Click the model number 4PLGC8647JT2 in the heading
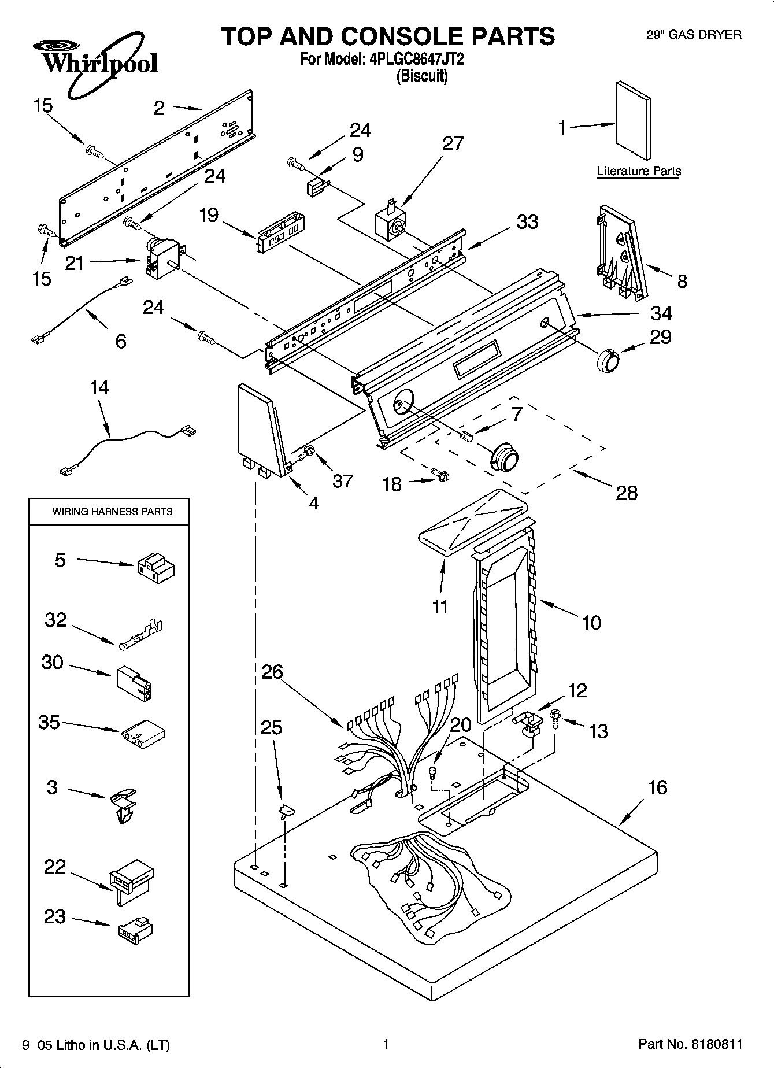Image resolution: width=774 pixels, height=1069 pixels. click(x=415, y=59)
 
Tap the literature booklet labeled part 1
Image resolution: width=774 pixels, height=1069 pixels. click(x=632, y=120)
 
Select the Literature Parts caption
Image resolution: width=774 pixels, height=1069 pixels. click(x=638, y=171)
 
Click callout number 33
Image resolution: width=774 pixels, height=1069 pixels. click(x=527, y=222)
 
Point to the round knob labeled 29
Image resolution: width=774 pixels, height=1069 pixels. click(x=607, y=363)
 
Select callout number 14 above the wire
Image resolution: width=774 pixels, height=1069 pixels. click(x=99, y=387)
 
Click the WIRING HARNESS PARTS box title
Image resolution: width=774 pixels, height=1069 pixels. click(x=112, y=512)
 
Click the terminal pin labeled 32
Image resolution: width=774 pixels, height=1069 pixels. click(x=142, y=636)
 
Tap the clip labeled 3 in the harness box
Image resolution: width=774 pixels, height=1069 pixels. click(x=123, y=805)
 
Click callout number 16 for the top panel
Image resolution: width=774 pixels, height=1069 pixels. click(x=657, y=787)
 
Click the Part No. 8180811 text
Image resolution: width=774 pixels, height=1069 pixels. click(x=690, y=1044)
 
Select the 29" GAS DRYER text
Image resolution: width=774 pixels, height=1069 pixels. click(x=693, y=35)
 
